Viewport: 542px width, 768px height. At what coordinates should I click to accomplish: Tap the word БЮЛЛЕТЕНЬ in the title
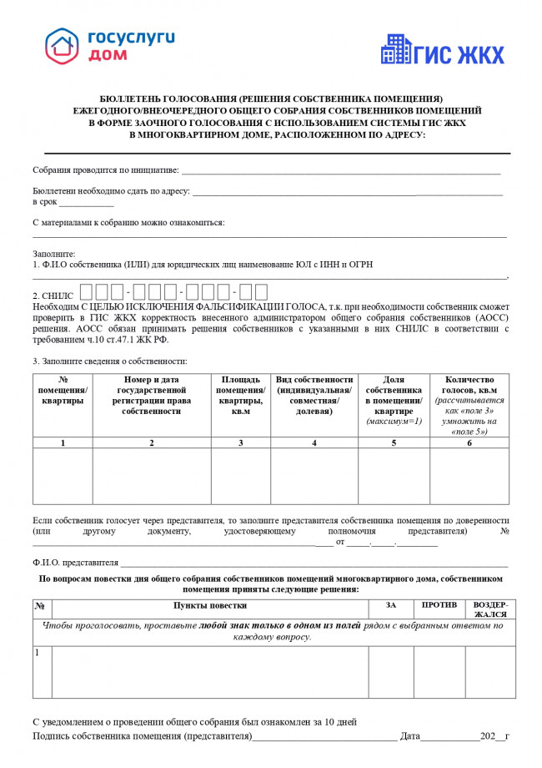tap(128, 98)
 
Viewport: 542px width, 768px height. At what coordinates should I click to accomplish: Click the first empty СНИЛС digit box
tap(87, 292)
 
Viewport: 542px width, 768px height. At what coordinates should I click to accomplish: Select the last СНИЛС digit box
tap(259, 292)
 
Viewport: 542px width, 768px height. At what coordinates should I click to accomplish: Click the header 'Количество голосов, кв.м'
tap(469, 385)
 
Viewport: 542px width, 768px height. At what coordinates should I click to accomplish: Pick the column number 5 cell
tap(394, 442)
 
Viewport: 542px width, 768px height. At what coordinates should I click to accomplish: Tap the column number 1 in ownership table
tap(63, 442)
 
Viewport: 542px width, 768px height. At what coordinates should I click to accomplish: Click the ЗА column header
tap(390, 604)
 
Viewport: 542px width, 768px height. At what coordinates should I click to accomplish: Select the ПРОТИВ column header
tap(439, 604)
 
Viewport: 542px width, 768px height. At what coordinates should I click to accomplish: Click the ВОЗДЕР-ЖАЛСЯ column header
tap(490, 609)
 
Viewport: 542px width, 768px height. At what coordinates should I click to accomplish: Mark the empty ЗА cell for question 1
tap(390, 671)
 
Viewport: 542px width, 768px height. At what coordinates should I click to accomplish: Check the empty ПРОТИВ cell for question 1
tap(439, 671)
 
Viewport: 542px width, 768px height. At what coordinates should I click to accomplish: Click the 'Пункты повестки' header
tap(209, 604)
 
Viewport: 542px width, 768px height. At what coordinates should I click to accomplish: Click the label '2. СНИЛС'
tap(53, 296)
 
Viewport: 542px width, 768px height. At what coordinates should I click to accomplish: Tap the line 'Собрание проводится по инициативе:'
tap(105, 170)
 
